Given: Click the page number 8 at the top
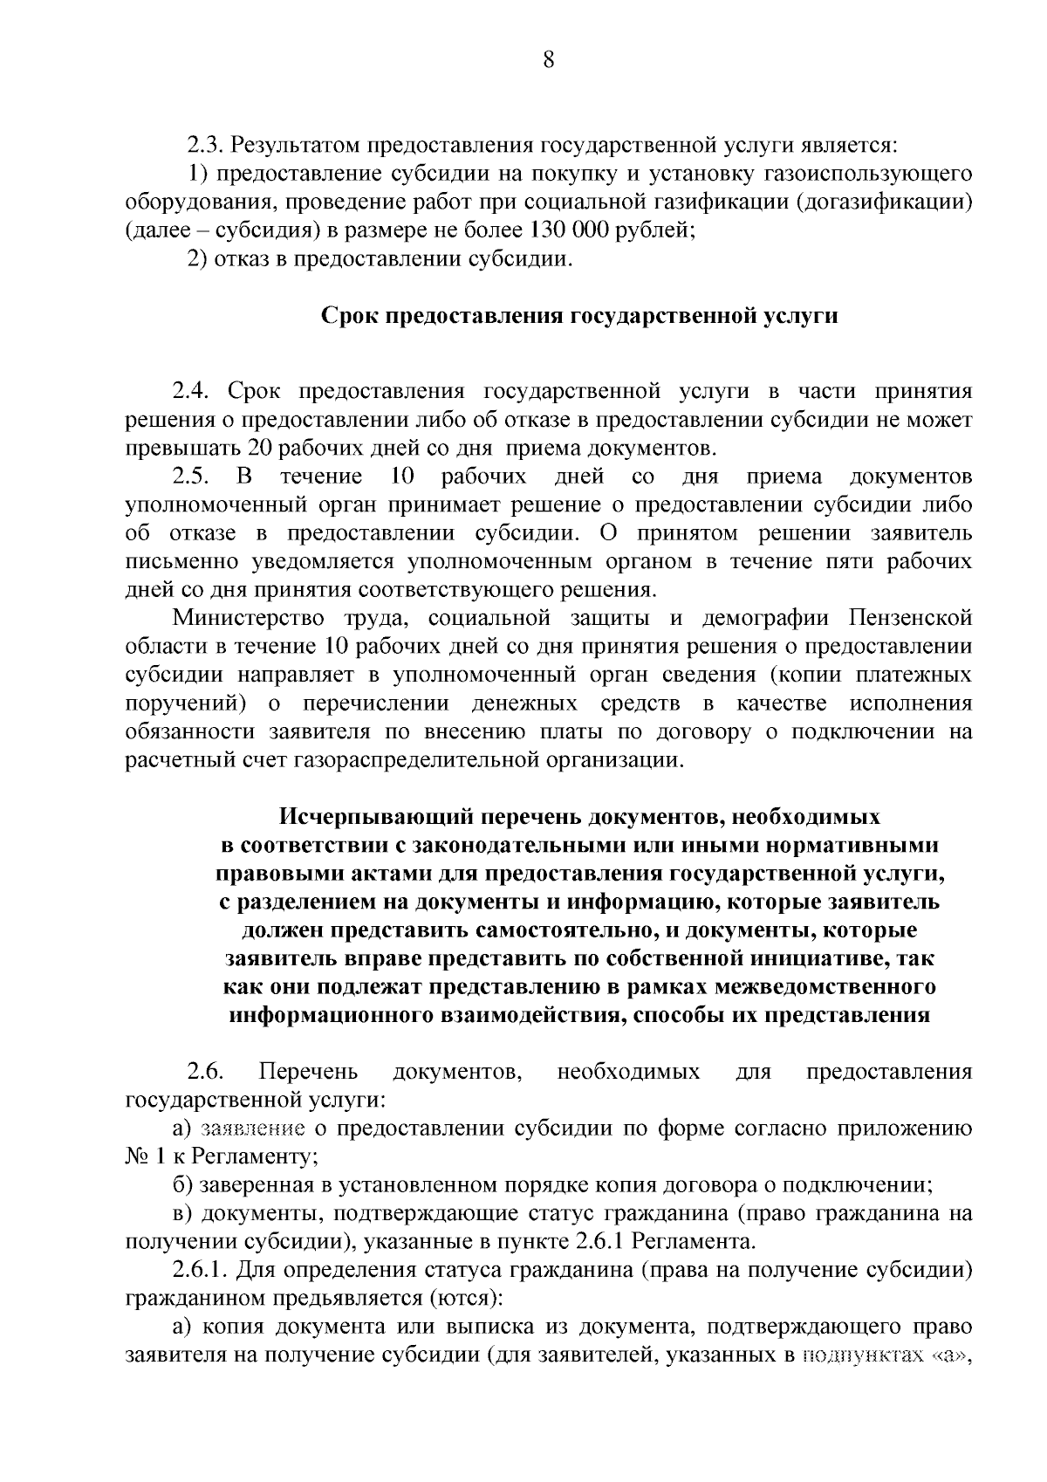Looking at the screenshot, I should tap(548, 59).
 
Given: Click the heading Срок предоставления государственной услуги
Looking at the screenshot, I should tap(580, 315).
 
